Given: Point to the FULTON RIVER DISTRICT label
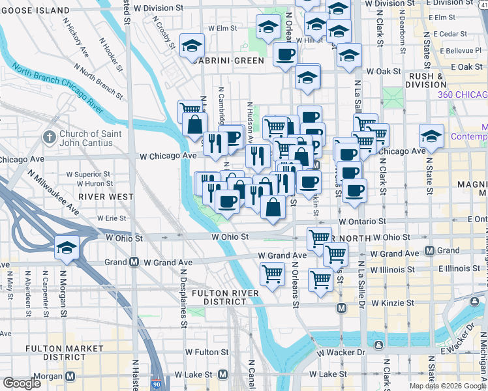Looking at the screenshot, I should coord(226,297).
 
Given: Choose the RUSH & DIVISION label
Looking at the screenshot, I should coord(428,80).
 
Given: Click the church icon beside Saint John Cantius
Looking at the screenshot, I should coord(49,138).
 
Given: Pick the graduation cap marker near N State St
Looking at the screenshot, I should coord(431,137).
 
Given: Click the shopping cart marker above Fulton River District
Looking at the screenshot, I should coord(272,273).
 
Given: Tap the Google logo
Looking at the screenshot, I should coord(21,384).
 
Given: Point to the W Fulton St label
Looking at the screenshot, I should coord(207,352).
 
